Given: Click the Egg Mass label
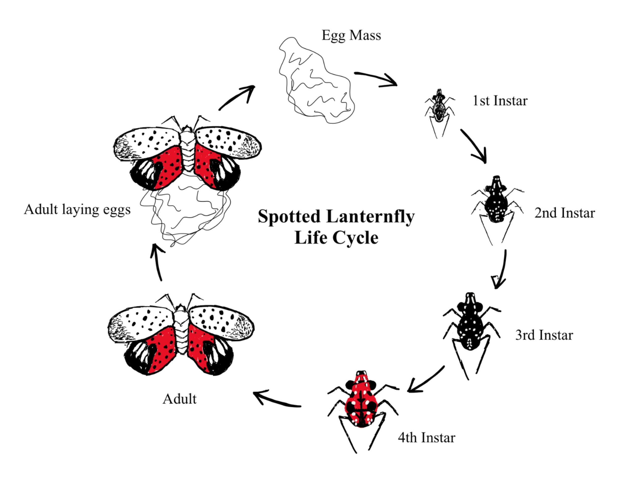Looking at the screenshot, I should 351,35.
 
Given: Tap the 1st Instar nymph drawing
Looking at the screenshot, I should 439,107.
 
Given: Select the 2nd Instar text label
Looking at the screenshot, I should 564,213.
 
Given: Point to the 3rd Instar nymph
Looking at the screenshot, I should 470,326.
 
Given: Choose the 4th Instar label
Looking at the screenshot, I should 426,438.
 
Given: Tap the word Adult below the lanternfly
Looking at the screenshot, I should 179,399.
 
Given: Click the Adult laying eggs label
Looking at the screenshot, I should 77,210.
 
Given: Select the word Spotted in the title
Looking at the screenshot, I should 289,217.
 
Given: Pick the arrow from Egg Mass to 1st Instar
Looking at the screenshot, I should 377,79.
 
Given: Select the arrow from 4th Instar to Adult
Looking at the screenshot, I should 276,399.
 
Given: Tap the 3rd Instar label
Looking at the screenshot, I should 544,335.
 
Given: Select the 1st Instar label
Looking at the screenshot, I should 500,101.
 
